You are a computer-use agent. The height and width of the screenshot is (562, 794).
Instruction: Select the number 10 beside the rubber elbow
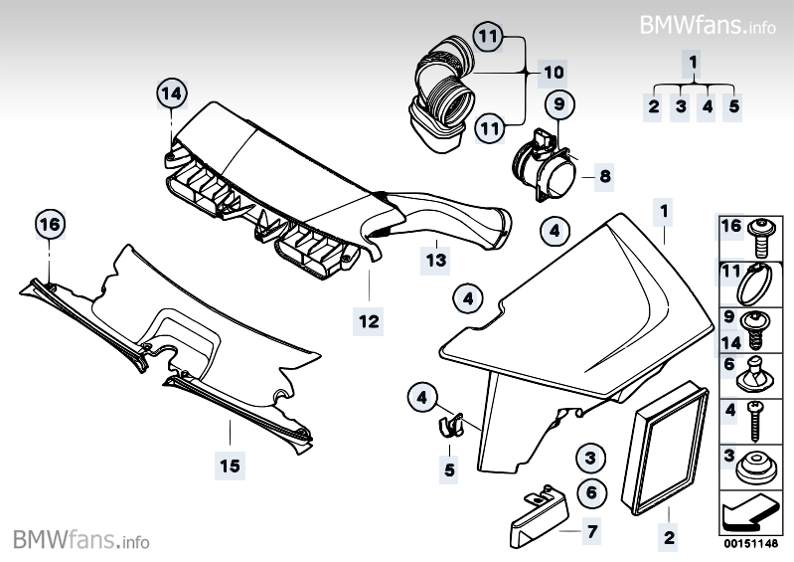coord(554,72)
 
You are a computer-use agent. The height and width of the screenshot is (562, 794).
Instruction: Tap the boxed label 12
coord(369,321)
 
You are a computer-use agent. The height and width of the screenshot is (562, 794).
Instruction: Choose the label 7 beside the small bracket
coord(591,531)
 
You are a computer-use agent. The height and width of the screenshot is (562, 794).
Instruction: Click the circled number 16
coord(49,226)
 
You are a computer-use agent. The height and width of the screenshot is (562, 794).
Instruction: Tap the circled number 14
coord(173,94)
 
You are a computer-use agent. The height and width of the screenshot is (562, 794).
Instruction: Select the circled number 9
coord(558,102)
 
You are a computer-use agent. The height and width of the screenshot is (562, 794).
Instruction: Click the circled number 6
coord(590,490)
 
